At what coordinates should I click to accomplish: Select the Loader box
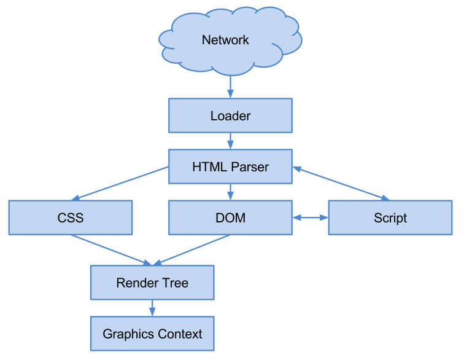(230, 115)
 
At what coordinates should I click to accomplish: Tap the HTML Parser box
(230, 166)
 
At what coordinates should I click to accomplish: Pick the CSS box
(70, 217)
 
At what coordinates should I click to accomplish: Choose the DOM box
(230, 217)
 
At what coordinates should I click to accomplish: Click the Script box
(390, 217)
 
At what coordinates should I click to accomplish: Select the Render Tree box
(152, 283)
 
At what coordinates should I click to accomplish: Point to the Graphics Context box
(152, 334)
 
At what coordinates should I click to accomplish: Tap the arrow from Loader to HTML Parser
(230, 141)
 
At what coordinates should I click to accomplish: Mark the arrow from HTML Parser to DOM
(230, 192)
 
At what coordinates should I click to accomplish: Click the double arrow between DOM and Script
(311, 217)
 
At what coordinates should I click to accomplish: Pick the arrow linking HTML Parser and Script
(341, 183)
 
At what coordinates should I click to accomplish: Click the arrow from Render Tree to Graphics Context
(152, 308)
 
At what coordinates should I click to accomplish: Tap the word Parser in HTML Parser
(250, 166)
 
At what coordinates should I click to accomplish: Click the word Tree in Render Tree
(176, 283)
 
